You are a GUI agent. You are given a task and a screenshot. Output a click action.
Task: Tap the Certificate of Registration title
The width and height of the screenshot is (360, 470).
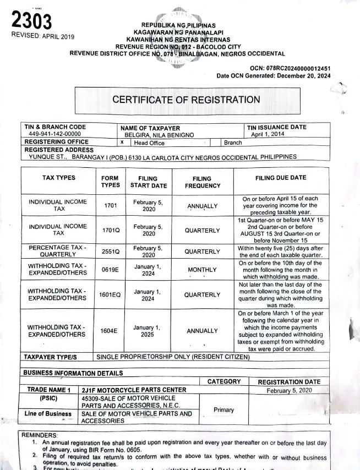186,100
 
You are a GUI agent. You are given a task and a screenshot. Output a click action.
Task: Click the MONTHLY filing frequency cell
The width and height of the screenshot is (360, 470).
202,270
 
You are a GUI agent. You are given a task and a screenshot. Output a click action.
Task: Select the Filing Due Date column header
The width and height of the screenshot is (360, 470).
281,178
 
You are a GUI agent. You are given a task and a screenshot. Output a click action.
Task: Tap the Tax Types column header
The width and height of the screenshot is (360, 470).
59,178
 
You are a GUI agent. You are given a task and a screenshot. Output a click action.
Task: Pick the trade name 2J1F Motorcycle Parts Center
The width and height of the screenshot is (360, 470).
133,390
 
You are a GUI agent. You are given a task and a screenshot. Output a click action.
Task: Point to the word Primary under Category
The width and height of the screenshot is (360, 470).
223,409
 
